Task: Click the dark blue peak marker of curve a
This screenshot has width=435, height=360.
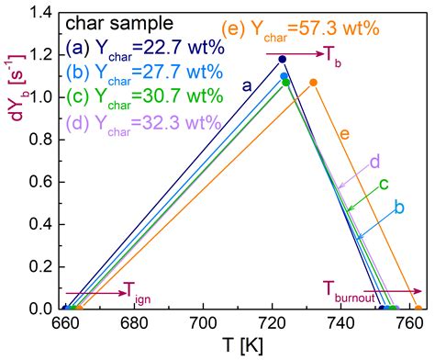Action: click(x=283, y=60)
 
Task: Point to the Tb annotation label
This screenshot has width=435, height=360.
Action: click(x=333, y=55)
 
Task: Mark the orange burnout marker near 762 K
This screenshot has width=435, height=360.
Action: click(x=418, y=309)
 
